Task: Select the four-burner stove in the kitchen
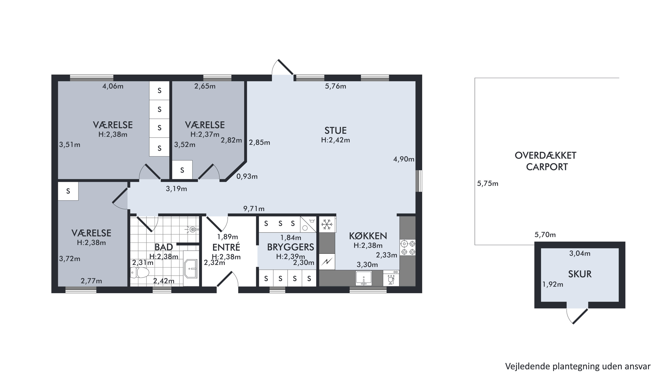click(x=408, y=248)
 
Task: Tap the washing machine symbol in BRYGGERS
click(x=308, y=224)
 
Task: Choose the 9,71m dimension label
click(x=254, y=209)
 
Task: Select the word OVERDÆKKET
click(x=545, y=156)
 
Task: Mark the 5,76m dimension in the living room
click(x=336, y=86)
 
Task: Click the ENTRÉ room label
click(x=226, y=247)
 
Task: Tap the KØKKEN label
click(x=368, y=236)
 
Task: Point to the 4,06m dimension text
click(x=113, y=86)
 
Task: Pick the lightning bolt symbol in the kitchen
click(x=327, y=262)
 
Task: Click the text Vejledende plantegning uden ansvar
click(x=578, y=366)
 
